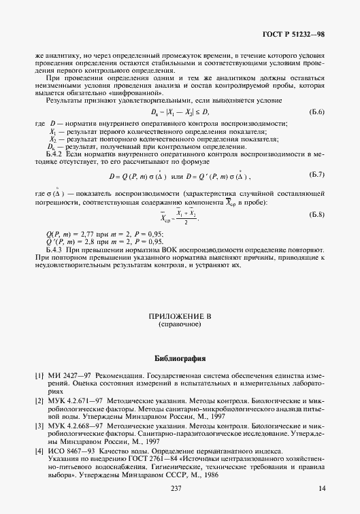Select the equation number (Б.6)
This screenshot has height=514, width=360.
coord(316,112)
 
